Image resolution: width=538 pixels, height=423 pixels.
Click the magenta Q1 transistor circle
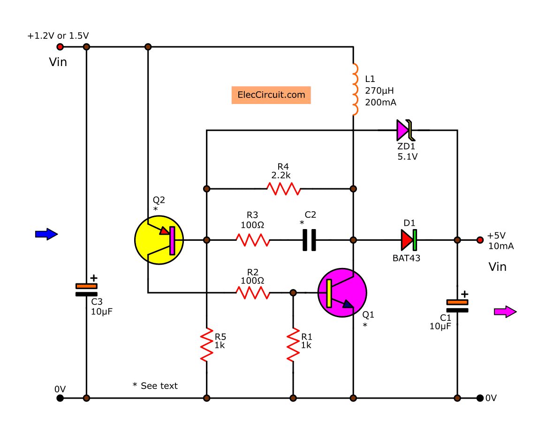(342, 293)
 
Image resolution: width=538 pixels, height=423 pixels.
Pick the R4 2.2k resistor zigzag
(283, 189)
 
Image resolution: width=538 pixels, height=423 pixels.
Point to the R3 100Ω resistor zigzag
(252, 240)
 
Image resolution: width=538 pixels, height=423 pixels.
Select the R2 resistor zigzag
(252, 293)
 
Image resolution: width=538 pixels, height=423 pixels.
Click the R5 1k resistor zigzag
(206, 345)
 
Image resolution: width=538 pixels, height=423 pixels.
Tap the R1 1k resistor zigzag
(293, 345)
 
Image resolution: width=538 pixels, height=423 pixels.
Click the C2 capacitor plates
(309, 240)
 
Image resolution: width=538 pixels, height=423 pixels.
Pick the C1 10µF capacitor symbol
(457, 305)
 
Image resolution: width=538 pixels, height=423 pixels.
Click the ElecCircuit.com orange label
(271, 95)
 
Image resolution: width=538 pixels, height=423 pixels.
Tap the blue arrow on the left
(46, 234)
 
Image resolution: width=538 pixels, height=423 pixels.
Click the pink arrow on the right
(505, 312)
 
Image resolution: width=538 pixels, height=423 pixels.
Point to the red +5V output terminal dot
(480, 240)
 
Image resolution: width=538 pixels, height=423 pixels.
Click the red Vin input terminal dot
(60, 47)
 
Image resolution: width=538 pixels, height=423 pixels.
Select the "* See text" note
(155, 386)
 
